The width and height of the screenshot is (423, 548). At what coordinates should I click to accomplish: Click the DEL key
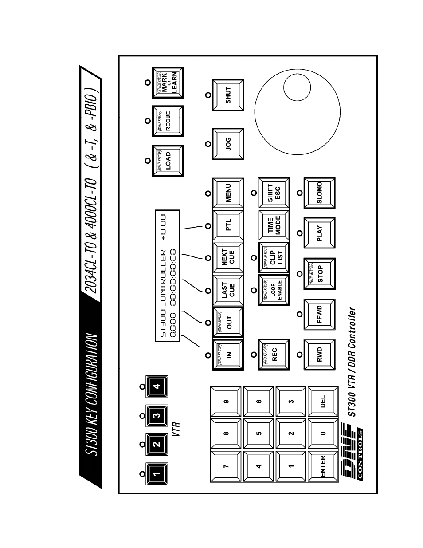[x=323, y=402]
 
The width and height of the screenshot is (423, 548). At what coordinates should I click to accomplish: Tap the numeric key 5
[x=259, y=434]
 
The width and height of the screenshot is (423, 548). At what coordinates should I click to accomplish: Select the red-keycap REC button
[x=274, y=354]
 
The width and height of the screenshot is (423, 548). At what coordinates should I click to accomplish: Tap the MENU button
[x=228, y=193]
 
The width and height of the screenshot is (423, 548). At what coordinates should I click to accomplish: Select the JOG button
[x=228, y=143]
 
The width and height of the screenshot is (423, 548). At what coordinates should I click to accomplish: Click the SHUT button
[x=228, y=95]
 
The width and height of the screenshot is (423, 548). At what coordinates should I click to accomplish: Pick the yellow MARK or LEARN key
[x=168, y=83]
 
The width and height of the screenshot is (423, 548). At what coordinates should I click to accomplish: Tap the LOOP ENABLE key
[x=274, y=290]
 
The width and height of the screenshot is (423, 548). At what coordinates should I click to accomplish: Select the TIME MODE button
[x=274, y=226]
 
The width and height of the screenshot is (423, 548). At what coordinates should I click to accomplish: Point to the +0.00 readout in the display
[x=163, y=226]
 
